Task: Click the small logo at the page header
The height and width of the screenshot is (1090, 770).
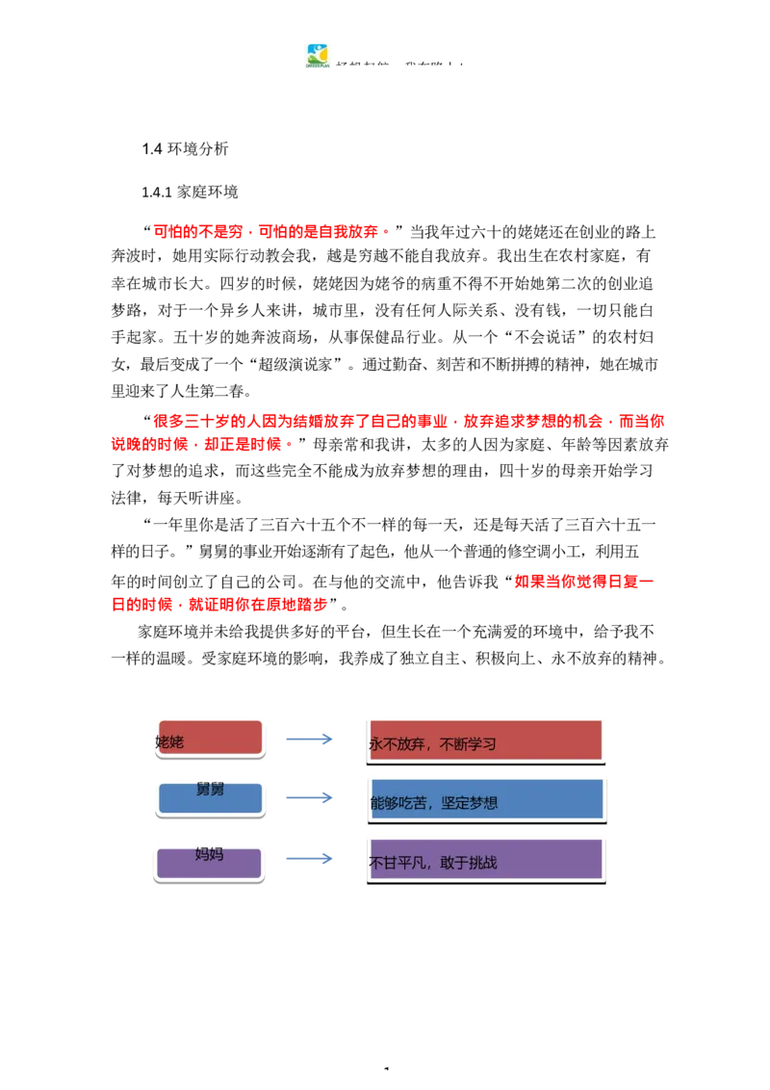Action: pos(316,54)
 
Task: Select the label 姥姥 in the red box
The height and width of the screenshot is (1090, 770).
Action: pos(169,741)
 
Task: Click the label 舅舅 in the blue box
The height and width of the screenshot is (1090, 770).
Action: pos(210,790)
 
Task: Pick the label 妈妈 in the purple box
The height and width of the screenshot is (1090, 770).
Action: pos(209,853)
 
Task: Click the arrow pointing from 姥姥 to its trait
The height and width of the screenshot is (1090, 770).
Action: pos(311,740)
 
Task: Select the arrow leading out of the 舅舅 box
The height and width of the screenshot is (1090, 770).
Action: pos(311,798)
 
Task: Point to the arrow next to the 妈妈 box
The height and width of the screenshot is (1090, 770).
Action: pos(311,859)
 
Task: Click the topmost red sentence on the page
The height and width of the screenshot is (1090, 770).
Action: pos(271,232)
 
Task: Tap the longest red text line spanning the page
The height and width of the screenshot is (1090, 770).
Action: pos(411,421)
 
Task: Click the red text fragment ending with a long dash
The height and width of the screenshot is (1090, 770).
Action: pos(583,582)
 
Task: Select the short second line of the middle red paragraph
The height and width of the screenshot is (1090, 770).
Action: pos(200,446)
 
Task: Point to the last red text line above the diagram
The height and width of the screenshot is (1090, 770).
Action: pos(219,606)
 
